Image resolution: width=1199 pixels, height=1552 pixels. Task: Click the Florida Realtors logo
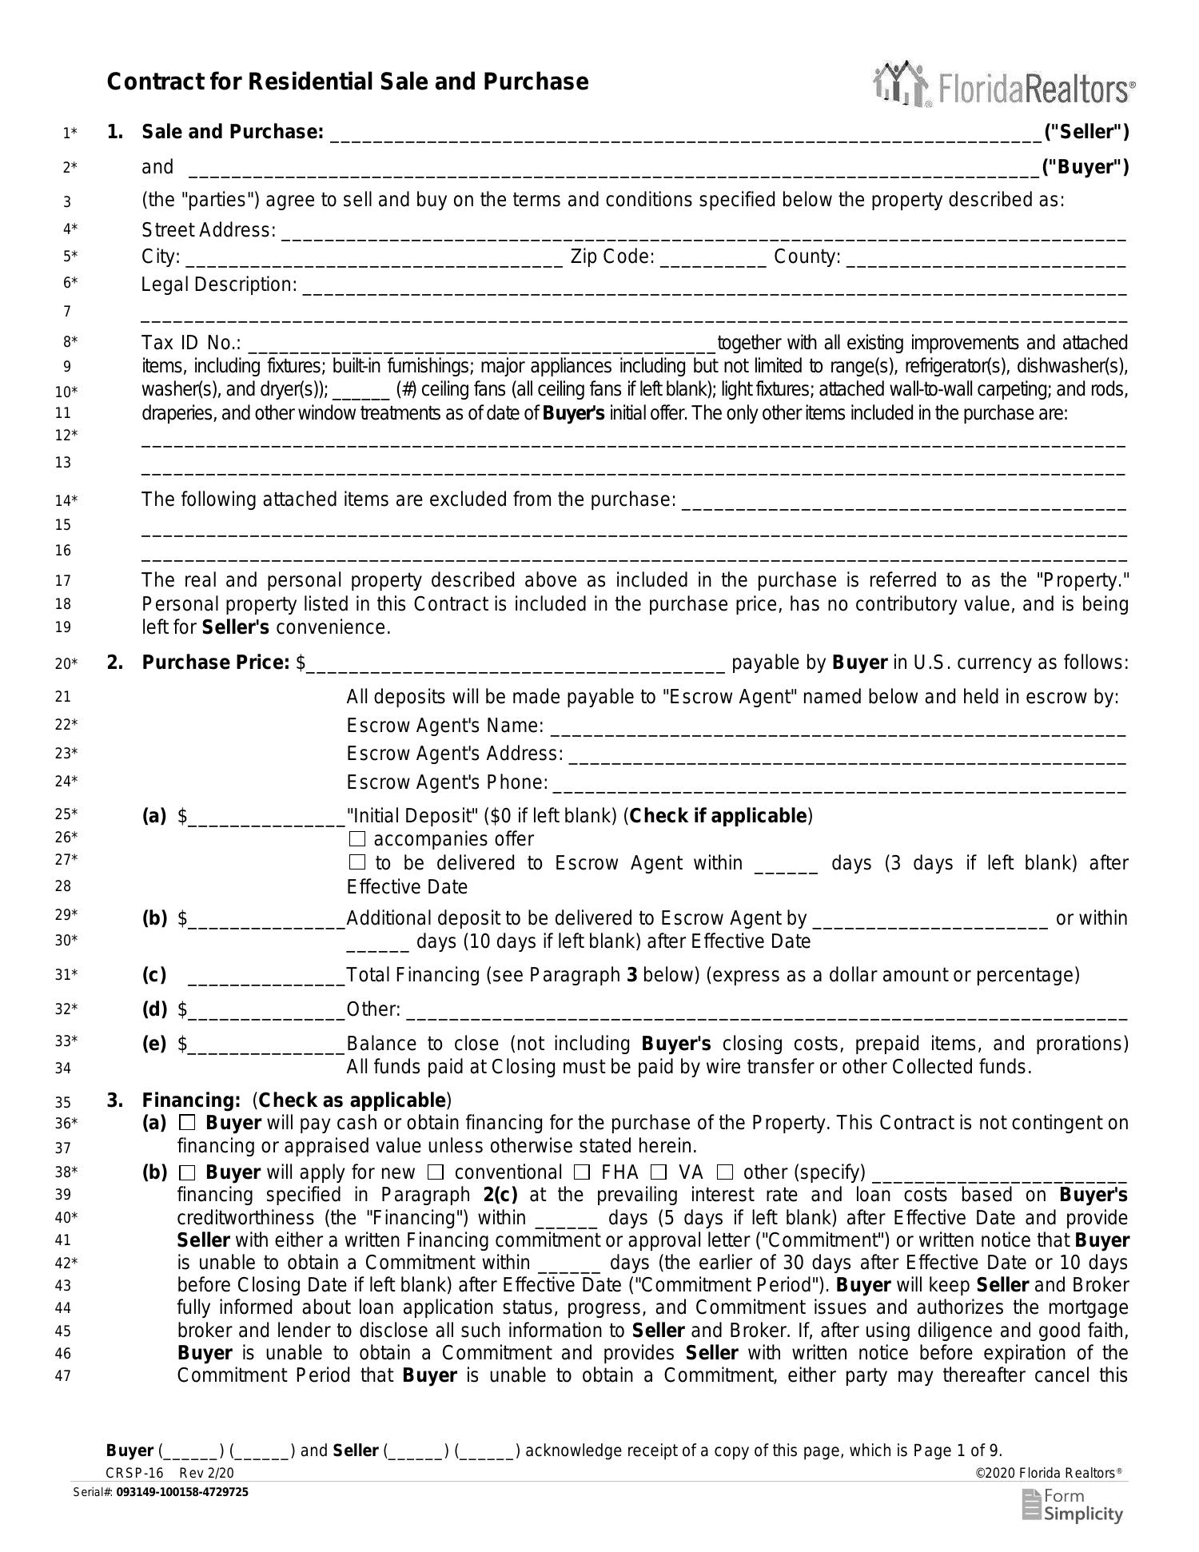[x=1004, y=85]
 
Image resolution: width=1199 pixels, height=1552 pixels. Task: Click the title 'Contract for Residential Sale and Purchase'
[x=347, y=82]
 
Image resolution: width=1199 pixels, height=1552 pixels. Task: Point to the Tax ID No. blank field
[x=482, y=344]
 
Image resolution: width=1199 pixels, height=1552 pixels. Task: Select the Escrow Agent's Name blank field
[x=838, y=727]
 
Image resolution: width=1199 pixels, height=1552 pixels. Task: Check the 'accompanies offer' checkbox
[x=357, y=839]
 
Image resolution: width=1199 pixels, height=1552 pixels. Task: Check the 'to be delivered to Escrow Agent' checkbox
[x=357, y=863]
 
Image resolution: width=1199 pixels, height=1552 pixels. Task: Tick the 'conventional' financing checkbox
[x=436, y=1172]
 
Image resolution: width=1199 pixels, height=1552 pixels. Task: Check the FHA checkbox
[x=583, y=1172]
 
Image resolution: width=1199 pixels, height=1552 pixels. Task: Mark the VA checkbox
[x=659, y=1172]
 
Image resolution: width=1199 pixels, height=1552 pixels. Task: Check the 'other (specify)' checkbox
[x=725, y=1172]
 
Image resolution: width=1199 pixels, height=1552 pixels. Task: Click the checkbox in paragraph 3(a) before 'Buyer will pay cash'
[x=187, y=1123]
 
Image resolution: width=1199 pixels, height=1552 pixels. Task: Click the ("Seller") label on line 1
[x=1086, y=132]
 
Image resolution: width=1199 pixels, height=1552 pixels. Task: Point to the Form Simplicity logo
[x=1073, y=1506]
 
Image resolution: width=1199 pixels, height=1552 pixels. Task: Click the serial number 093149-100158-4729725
[x=182, y=1492]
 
